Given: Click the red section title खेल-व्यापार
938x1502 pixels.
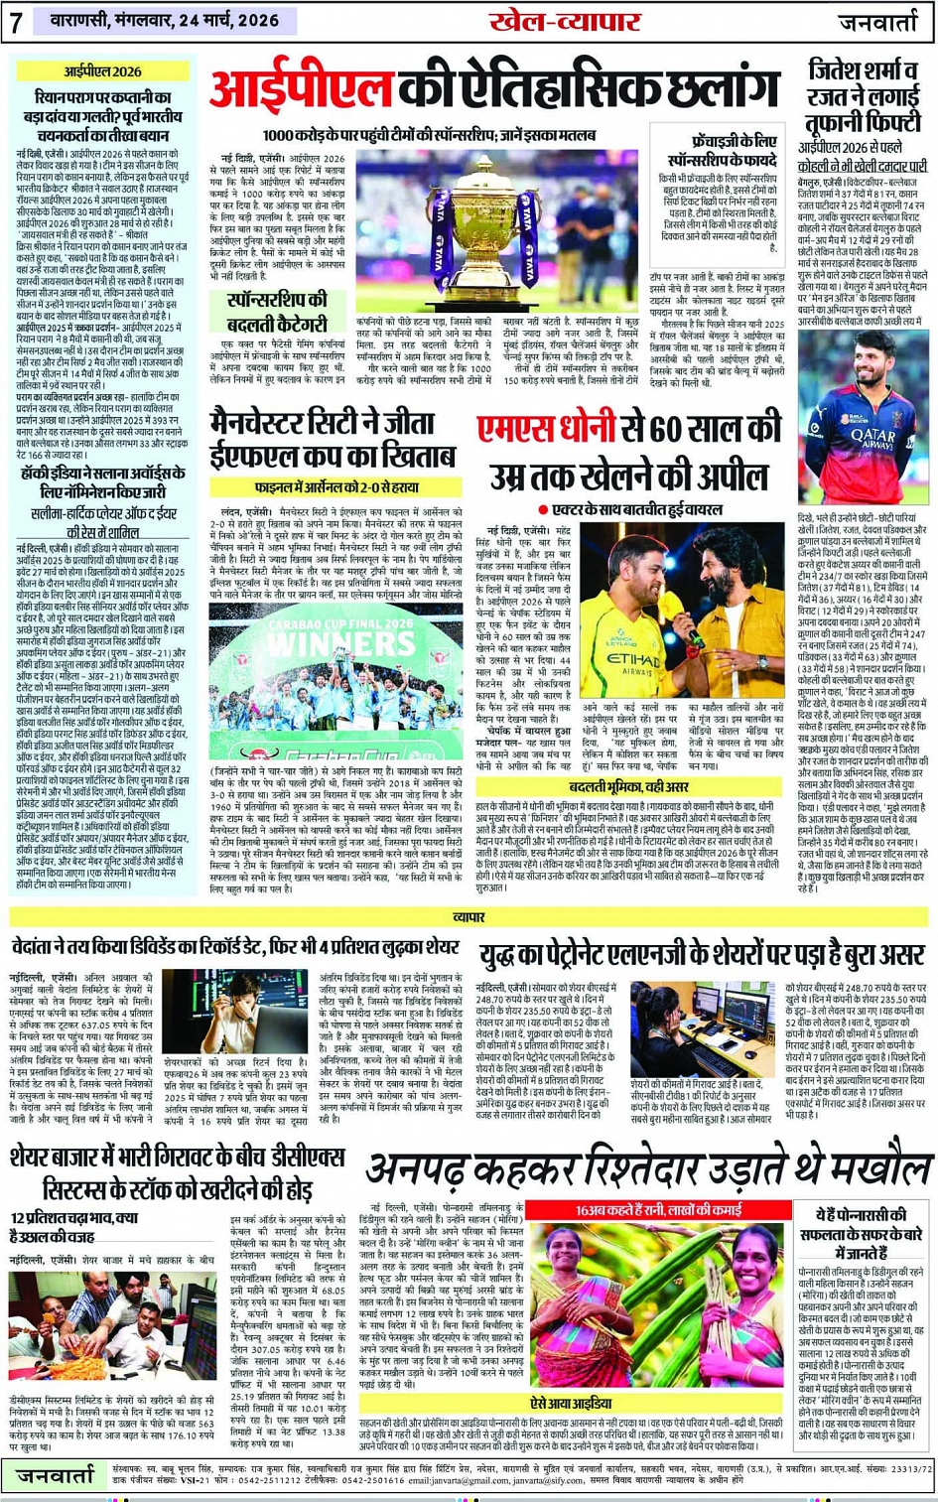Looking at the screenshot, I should pos(565,22).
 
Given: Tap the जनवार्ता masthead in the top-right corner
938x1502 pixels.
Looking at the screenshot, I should pos(883,22).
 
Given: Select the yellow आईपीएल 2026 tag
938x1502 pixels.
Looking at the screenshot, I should pos(103,71).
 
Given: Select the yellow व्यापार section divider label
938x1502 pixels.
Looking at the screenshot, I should pos(469,916).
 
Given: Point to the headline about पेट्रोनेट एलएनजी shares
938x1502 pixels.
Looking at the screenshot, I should pos(703,956).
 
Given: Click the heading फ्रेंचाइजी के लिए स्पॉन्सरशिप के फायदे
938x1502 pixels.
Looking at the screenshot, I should pos(721,151).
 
